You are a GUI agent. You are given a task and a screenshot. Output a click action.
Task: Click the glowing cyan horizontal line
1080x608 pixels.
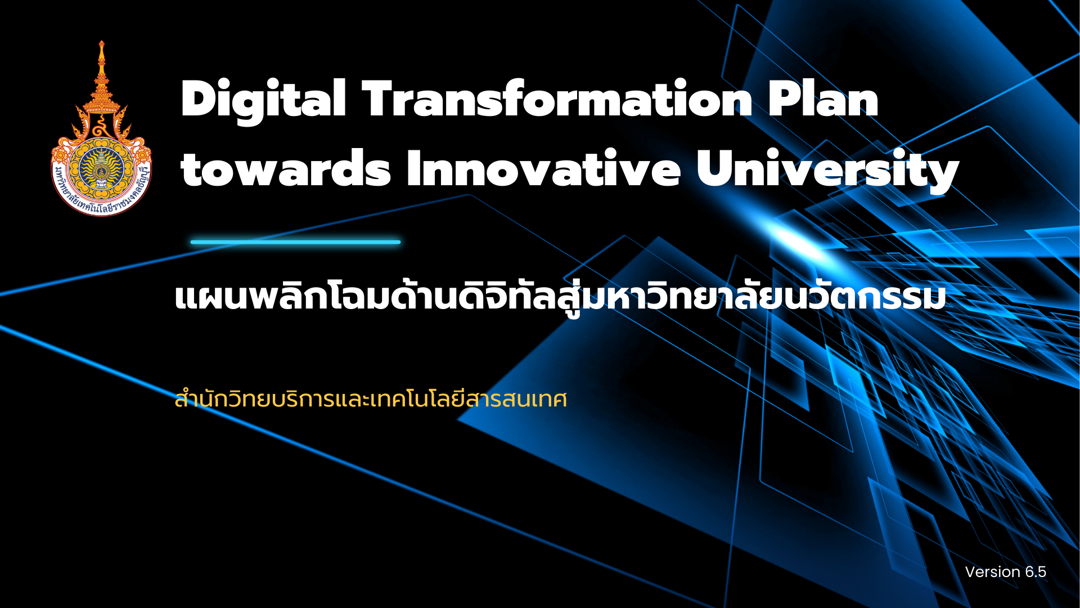coord(295,242)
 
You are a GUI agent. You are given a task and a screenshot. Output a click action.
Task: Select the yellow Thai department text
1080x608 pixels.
coord(371,399)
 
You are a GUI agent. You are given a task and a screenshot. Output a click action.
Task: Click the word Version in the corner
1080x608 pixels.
coord(993,572)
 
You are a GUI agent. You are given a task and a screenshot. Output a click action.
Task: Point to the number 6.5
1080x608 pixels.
coord(1036,572)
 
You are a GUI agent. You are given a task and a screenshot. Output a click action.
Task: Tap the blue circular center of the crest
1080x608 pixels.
coord(101,168)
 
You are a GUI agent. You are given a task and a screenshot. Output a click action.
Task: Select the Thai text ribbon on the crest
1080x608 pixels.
coord(101,197)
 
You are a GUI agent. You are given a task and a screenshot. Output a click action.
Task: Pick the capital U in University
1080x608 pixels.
coord(714,168)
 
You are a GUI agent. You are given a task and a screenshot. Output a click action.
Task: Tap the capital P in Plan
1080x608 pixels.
coord(785,99)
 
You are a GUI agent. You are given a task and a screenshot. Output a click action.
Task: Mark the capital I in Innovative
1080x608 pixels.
coord(413,168)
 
